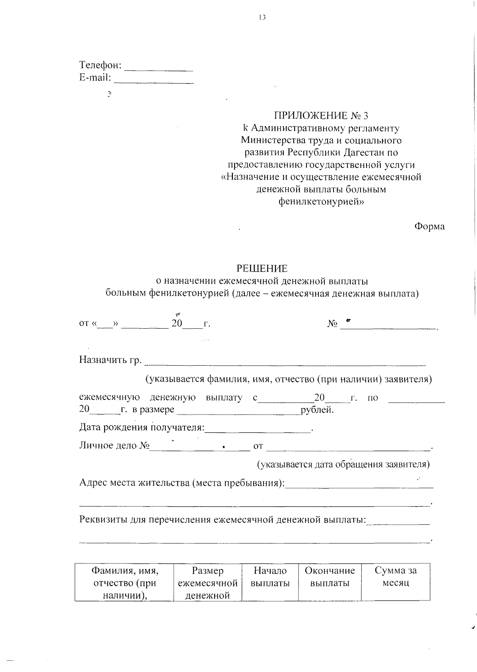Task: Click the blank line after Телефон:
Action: coord(159,70)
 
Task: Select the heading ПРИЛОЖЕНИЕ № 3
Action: coord(321,116)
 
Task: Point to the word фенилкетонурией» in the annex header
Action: coord(321,201)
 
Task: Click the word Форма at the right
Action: coord(429,226)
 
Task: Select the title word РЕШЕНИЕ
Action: coord(262,269)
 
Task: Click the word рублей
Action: coord(317,410)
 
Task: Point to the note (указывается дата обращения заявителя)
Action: coord(343,464)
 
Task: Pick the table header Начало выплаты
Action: coord(270,577)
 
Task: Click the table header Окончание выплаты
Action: coord(330,577)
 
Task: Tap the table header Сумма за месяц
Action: coord(396,577)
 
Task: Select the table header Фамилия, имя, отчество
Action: coord(124,583)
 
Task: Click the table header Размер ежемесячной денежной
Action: coord(207,583)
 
